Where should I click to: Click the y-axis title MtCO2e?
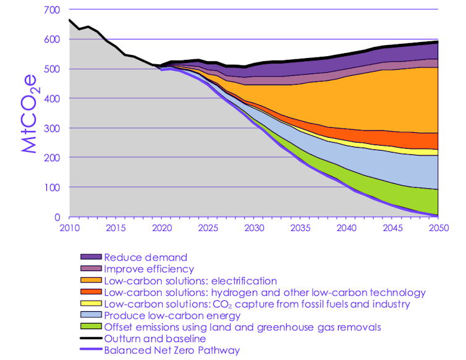[28, 113]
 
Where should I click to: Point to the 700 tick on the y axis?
[53, 10]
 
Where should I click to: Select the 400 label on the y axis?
[53, 99]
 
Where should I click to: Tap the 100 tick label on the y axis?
[53, 188]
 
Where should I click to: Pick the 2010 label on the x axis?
[68, 228]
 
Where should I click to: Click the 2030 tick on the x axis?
[253, 228]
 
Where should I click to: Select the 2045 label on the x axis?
[392, 228]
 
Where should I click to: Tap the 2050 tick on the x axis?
[439, 228]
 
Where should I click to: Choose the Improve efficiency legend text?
[148, 269]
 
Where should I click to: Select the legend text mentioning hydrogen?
[265, 293]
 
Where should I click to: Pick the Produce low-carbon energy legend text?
[172, 316]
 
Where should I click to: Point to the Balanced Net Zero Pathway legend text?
[172, 351]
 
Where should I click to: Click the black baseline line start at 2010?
[69, 20]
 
